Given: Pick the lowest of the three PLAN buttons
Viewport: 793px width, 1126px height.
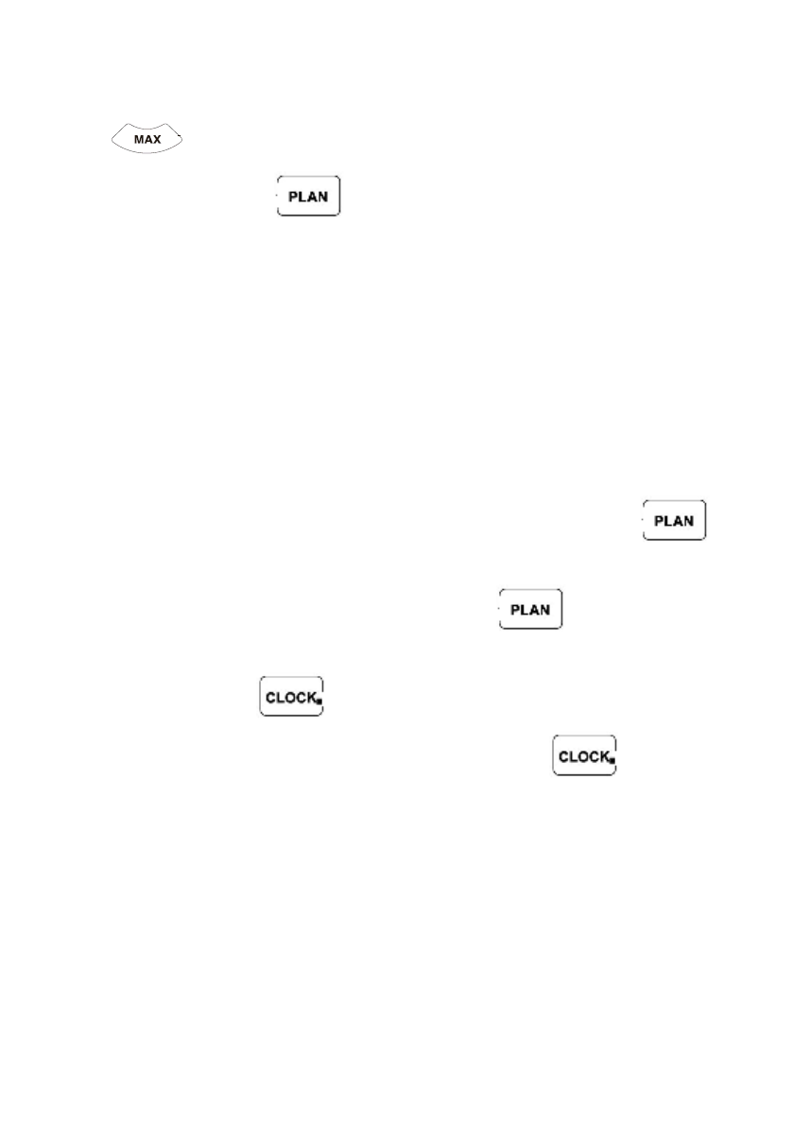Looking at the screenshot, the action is click(530, 609).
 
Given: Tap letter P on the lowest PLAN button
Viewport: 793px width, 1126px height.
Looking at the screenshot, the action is click(515, 609).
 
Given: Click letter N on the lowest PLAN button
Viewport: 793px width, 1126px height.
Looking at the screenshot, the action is click(546, 609).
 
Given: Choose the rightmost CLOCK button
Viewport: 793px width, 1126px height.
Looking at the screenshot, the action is click(584, 756).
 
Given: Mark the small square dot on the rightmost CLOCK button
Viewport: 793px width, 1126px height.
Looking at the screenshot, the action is click(612, 760).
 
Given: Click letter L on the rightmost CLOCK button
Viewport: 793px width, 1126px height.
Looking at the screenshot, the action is click(572, 756).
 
